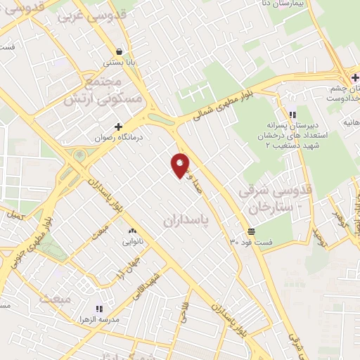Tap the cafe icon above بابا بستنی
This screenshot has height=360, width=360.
[120, 51]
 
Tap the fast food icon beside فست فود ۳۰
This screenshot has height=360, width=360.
[251, 231]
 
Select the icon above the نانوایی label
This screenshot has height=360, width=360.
[130, 231]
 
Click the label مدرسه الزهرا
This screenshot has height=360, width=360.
[98, 320]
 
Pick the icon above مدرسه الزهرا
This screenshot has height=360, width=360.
[98, 309]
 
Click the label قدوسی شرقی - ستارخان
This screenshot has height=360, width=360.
[276, 200]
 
